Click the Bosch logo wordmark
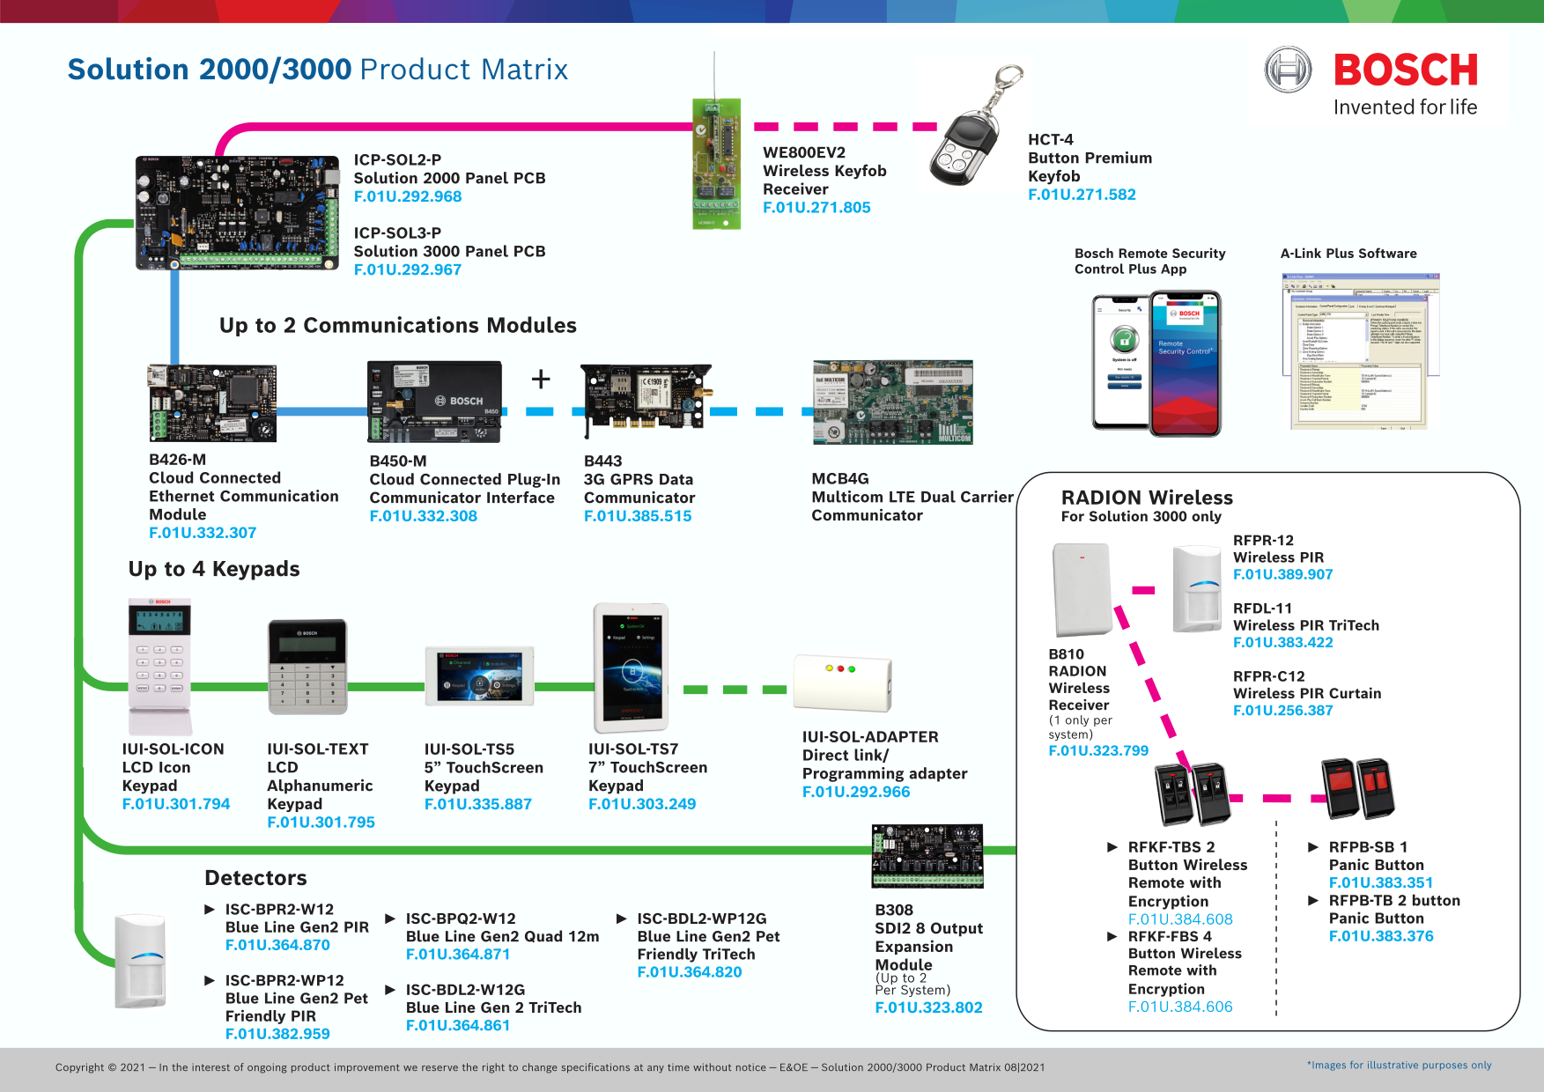(x=1405, y=70)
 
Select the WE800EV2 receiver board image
(x=716, y=164)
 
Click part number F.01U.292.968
(x=408, y=196)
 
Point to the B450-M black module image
(x=435, y=402)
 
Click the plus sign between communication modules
(x=541, y=379)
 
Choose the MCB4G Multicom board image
(x=892, y=402)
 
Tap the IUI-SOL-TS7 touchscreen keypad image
(x=631, y=668)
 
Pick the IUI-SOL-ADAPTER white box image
(x=843, y=682)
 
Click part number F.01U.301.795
(x=321, y=822)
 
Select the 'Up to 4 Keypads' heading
(x=214, y=569)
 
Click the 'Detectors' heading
(x=255, y=878)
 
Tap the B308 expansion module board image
(x=927, y=856)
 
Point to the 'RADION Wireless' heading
(x=1147, y=498)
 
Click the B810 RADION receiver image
(x=1082, y=589)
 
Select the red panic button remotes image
(x=1358, y=788)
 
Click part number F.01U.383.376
(x=1381, y=936)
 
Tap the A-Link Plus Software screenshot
(x=1359, y=351)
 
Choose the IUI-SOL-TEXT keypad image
(x=307, y=667)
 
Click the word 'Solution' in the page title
(x=129, y=70)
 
